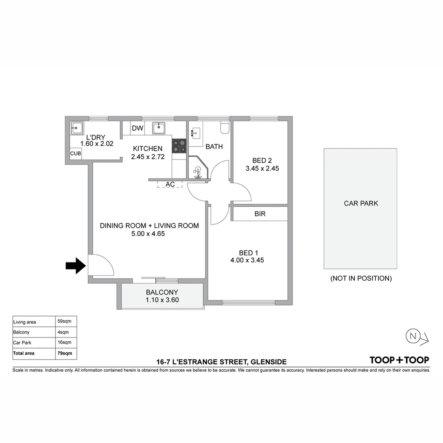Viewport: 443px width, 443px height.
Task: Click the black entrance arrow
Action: click(75, 266)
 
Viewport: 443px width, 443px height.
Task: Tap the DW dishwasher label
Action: click(137, 128)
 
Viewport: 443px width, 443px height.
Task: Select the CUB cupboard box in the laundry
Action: click(75, 153)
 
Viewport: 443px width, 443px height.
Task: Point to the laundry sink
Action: click(76, 128)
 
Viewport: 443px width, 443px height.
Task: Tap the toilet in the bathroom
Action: click(225, 128)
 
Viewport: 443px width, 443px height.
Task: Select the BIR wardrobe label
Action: click(260, 214)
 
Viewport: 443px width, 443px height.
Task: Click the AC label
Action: click(170, 185)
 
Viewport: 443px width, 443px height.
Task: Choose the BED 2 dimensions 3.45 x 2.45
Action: click(262, 168)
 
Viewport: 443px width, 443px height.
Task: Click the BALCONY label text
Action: click(162, 292)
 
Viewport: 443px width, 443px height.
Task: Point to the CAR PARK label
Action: click(361, 203)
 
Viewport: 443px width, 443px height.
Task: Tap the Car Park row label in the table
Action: click(22, 343)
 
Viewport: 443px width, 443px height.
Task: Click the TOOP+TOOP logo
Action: click(399, 360)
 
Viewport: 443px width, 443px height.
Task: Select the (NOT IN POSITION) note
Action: click(361, 279)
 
